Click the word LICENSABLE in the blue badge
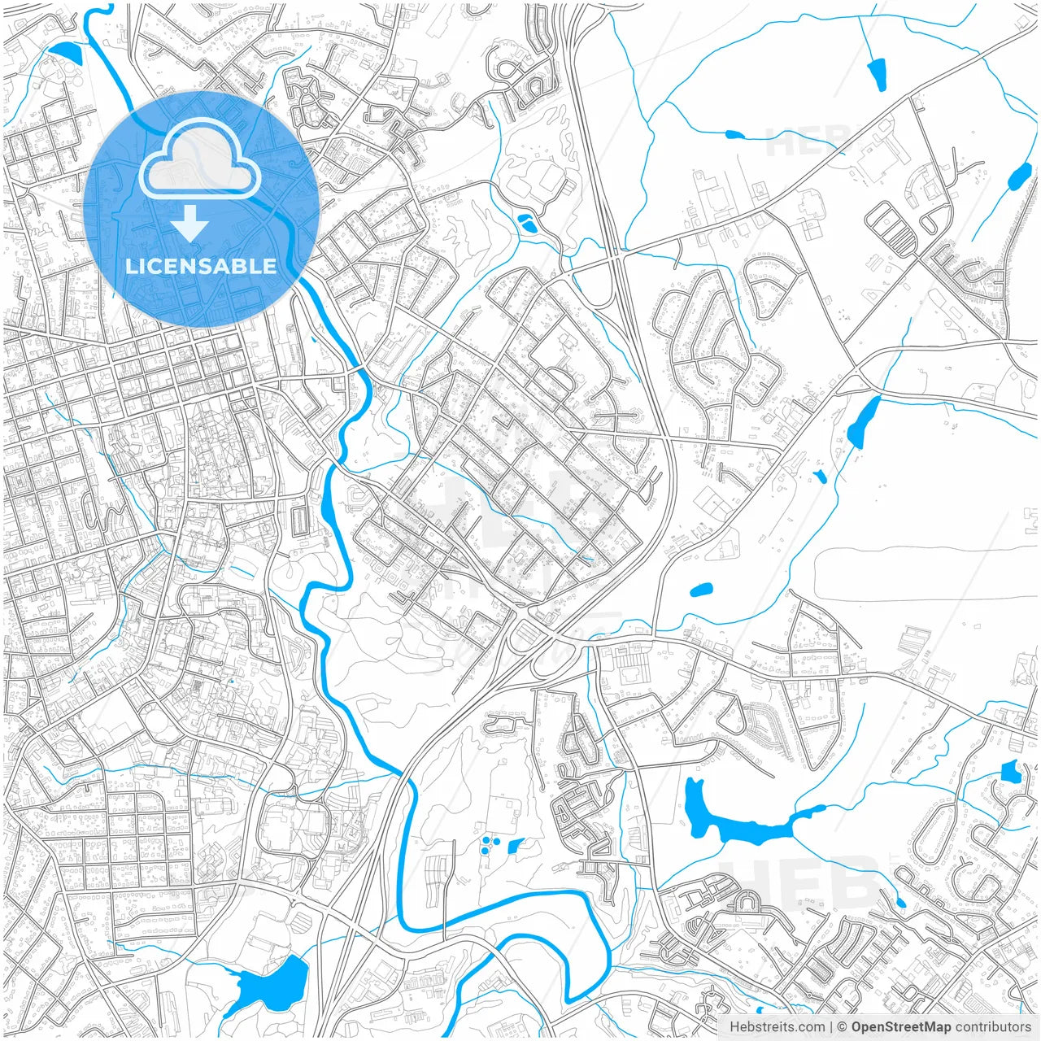[x=201, y=266]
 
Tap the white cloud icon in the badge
[x=200, y=159]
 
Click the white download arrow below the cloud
[x=190, y=223]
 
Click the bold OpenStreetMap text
[x=901, y=1027]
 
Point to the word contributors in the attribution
[x=992, y=1027]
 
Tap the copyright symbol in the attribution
[x=843, y=1027]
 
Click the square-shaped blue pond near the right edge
[x=1011, y=771]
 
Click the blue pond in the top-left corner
[x=66, y=53]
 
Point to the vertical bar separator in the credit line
[x=831, y=1027]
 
